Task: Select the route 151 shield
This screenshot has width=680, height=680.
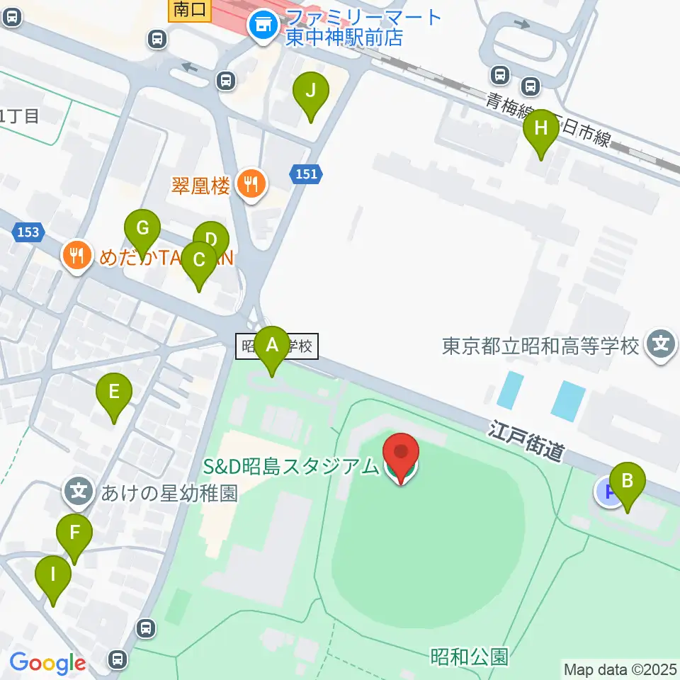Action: (307, 174)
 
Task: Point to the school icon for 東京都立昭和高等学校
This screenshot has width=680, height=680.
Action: (661, 346)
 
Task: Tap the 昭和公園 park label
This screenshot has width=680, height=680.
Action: (469, 657)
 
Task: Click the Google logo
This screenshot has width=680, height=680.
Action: (47, 663)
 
